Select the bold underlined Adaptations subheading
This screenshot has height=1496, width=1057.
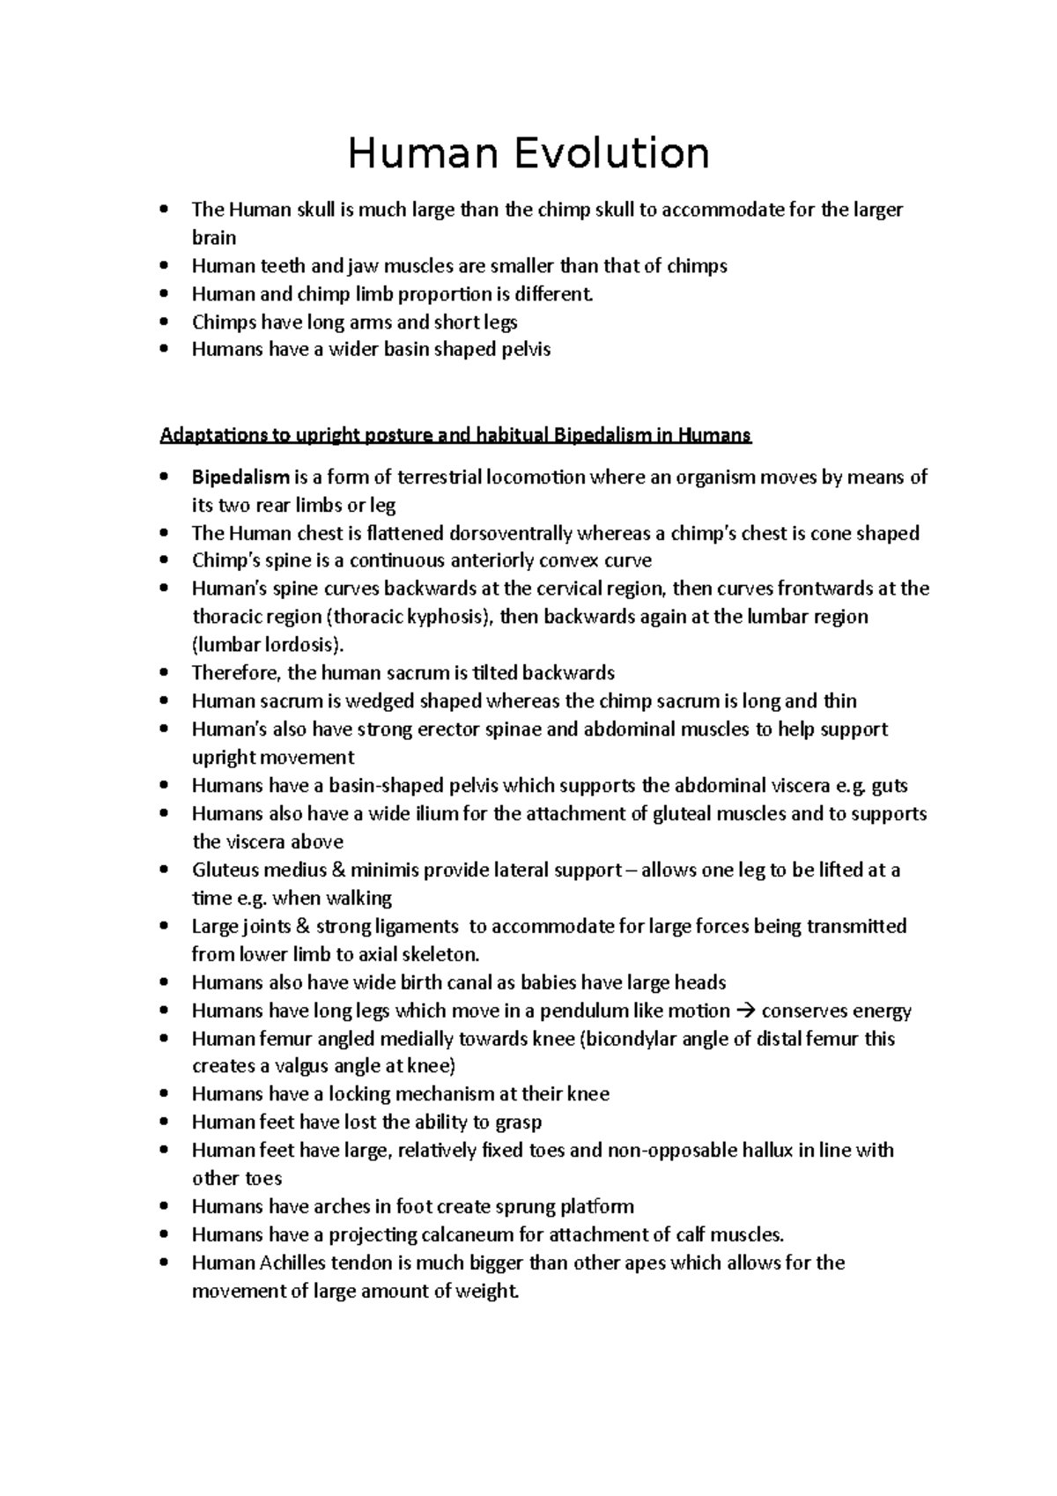(x=455, y=434)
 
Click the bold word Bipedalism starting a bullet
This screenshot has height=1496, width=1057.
(x=240, y=478)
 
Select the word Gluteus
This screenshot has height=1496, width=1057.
(x=224, y=870)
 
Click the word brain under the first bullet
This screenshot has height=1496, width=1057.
(x=214, y=238)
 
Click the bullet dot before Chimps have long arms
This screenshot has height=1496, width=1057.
(x=165, y=322)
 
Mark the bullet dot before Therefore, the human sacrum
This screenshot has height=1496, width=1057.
(x=165, y=673)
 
